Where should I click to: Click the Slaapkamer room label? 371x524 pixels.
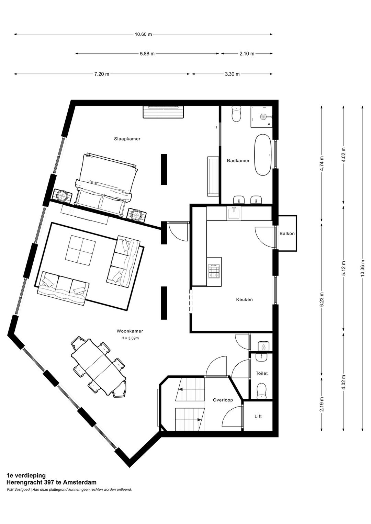(x=127, y=139)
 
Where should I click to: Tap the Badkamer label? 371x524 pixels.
(x=238, y=160)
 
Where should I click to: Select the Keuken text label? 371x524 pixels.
(x=244, y=299)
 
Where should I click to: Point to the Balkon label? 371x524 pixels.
(x=287, y=233)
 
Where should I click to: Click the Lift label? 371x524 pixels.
(x=258, y=416)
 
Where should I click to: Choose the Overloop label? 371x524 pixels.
(x=223, y=400)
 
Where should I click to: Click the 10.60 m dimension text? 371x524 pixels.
(x=143, y=34)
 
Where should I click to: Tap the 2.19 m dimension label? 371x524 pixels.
(x=322, y=405)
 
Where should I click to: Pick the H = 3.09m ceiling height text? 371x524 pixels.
(x=130, y=338)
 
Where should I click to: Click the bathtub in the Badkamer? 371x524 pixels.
(x=263, y=155)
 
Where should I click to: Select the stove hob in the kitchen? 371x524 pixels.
(x=214, y=271)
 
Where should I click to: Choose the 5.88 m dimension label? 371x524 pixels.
(x=147, y=54)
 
